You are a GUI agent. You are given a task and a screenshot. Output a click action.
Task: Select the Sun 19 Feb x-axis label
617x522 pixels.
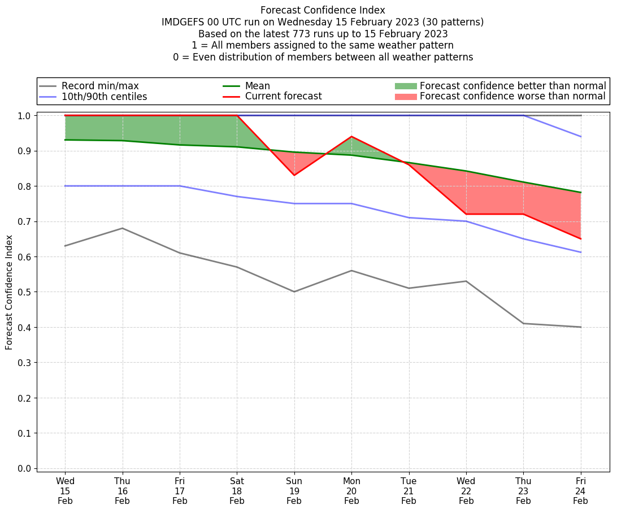click(x=294, y=490)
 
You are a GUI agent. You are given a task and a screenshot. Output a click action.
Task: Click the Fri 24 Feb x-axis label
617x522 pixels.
click(x=580, y=490)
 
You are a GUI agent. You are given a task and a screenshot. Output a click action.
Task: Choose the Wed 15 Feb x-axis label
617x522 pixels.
click(x=65, y=490)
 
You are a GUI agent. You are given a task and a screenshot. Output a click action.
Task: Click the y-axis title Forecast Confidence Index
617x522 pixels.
click(x=9, y=292)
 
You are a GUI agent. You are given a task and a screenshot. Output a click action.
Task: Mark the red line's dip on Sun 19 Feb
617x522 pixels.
click(x=294, y=175)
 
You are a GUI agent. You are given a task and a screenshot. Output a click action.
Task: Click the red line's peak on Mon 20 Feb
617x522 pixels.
click(x=351, y=137)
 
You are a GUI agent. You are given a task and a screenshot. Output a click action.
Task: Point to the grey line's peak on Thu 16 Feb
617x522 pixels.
click(x=122, y=228)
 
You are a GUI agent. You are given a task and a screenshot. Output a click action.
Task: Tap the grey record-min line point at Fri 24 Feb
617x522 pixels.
click(x=580, y=327)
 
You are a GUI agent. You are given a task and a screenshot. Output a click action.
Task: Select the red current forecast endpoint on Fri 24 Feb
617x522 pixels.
click(x=580, y=239)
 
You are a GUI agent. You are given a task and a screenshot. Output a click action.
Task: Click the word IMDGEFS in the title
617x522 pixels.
click(x=181, y=22)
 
